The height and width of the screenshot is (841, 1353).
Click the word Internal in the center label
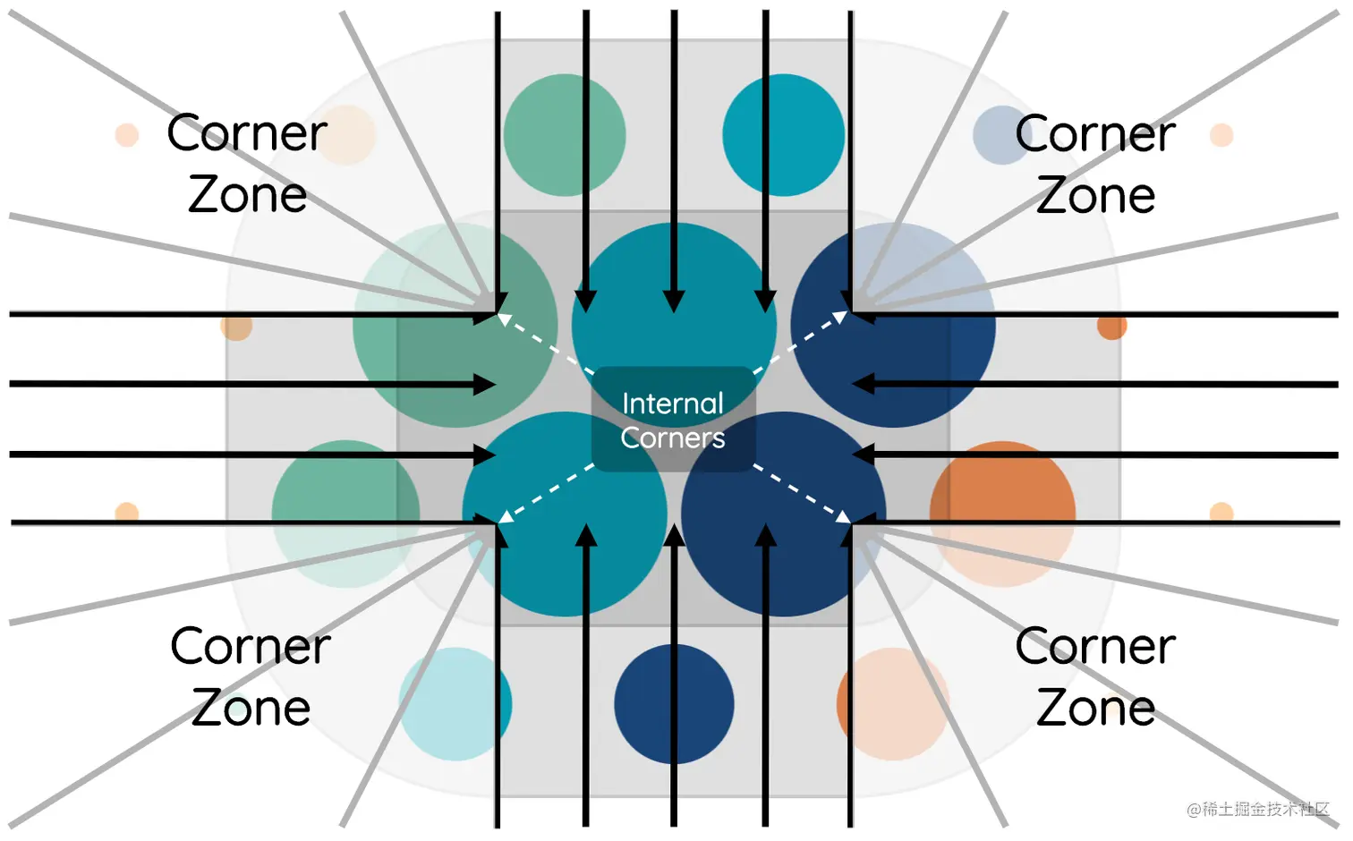coord(673,404)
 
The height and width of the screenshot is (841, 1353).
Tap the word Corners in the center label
coord(673,437)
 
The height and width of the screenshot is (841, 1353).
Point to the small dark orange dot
coord(1111,327)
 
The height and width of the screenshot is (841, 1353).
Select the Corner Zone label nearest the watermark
coord(1095,676)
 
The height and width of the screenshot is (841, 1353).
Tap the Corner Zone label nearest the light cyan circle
coord(251,676)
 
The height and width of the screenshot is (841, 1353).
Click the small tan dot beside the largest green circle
coord(236,327)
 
